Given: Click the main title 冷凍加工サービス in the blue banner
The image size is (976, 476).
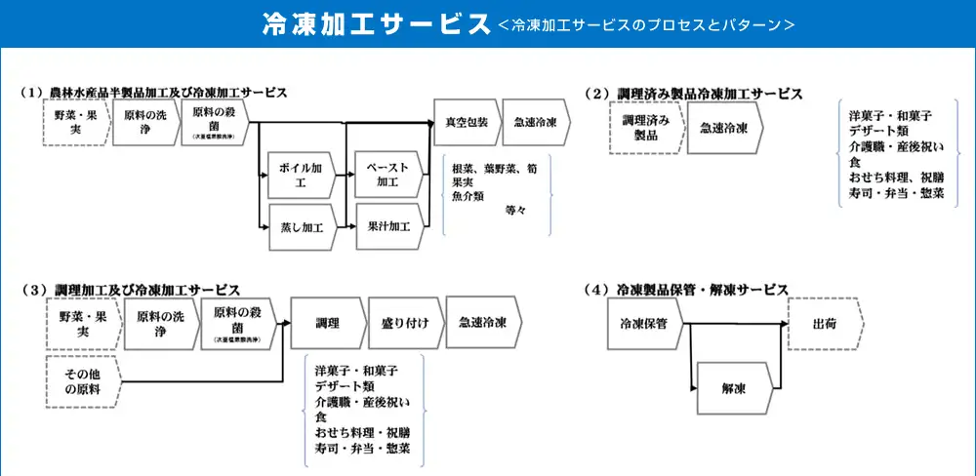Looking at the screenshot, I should (x=376, y=24).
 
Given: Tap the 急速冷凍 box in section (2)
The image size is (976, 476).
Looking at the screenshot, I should (x=723, y=128).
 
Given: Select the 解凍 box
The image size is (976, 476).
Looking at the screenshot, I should (x=734, y=387).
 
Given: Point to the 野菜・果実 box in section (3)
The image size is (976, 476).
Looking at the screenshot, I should (x=82, y=323).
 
